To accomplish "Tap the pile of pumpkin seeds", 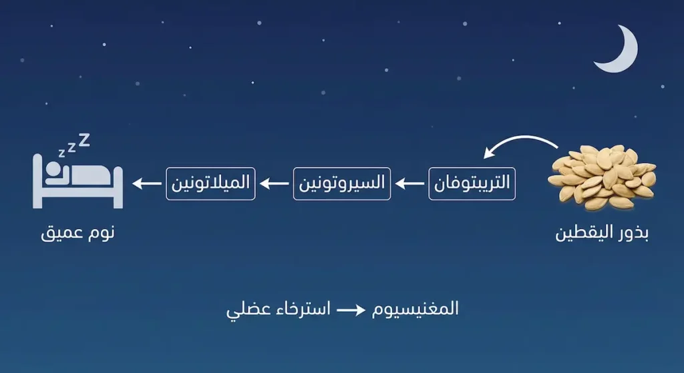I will coord(601,175).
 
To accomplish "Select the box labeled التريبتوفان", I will coord(472,184).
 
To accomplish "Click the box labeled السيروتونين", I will coord(341,183).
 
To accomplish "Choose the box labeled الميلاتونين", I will coord(210,183).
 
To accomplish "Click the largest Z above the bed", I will coord(84,139).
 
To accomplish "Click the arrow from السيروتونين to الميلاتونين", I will coord(275,183).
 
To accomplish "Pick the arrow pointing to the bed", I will coord(146,183).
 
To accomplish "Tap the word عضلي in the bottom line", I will coord(244,311).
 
